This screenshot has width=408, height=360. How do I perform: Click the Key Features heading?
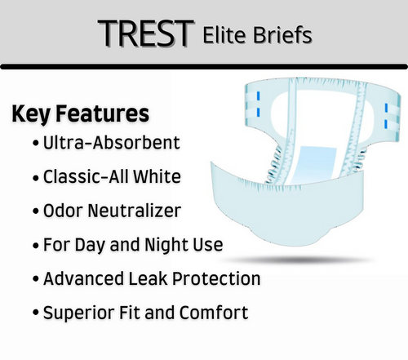coord(80,113)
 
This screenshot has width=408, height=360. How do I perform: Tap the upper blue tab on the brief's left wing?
coord(252,97)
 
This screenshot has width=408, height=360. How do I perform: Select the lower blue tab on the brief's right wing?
coord(385,127)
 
